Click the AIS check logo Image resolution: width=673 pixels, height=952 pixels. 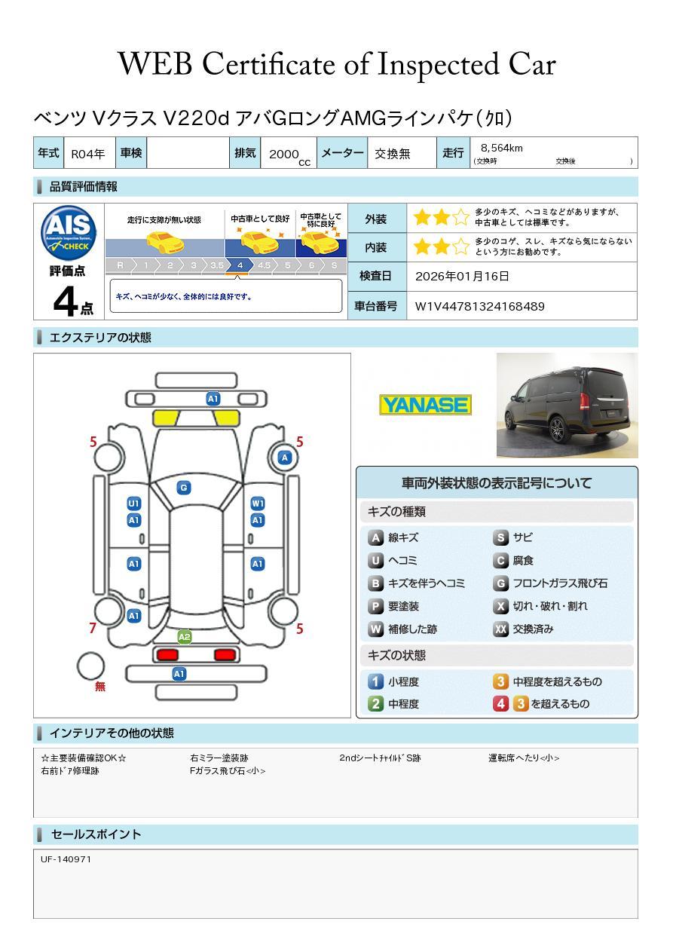click(x=69, y=231)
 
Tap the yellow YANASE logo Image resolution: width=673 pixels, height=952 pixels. click(x=425, y=405)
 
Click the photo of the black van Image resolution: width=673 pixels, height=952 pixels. click(x=567, y=405)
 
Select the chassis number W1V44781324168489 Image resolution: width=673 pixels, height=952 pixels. click(x=480, y=306)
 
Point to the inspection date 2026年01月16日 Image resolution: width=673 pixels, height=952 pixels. click(x=462, y=277)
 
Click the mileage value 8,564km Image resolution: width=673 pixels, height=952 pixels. click(x=502, y=148)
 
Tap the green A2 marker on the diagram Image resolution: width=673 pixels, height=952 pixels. click(x=184, y=637)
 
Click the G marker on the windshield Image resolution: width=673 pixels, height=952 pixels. click(x=183, y=488)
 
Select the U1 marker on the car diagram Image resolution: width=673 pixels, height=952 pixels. click(x=133, y=504)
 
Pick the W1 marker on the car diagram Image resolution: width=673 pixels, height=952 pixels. click(x=258, y=504)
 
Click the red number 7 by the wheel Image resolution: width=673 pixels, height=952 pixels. click(x=93, y=628)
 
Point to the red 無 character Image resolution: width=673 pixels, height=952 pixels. click(x=100, y=687)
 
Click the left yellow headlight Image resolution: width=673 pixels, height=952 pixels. click(x=165, y=418)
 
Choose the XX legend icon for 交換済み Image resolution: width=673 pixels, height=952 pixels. click(x=501, y=629)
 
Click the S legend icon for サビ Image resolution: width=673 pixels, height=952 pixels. click(x=501, y=538)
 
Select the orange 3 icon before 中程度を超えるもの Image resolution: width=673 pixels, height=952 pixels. click(x=500, y=682)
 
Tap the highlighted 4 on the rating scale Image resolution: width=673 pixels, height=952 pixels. click(x=240, y=265)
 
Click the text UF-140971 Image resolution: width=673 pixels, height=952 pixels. click(x=66, y=859)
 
